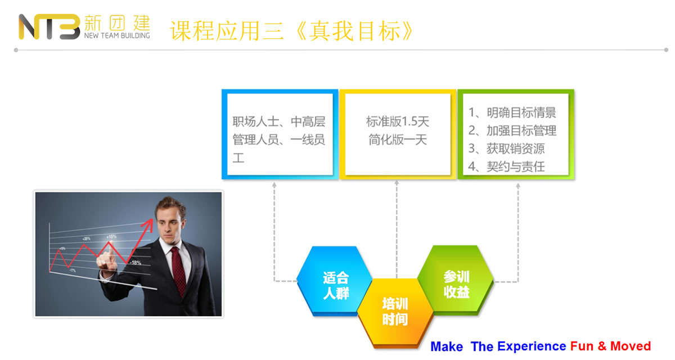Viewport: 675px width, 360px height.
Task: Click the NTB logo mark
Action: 49,27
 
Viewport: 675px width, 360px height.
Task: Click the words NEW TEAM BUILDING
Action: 117,35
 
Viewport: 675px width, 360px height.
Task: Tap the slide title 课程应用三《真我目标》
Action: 292,31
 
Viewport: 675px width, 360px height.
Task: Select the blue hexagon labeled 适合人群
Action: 335,281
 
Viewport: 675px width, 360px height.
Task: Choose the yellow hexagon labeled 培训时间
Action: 395,313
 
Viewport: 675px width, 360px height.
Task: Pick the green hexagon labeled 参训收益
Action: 456,280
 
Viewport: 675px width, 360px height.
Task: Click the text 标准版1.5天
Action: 398,121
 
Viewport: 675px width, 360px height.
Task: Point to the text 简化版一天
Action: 398,140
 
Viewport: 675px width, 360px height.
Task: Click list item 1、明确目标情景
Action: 512,112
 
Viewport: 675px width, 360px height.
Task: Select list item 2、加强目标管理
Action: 512,130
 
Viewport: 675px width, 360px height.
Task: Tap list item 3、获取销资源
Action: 507,148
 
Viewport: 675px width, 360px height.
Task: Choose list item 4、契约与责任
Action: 507,166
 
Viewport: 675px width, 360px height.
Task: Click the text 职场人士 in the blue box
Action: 256,121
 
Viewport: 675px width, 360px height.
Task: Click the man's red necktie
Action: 178,270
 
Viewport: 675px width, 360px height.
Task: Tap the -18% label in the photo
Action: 136,263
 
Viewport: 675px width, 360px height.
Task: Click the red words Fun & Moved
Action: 610,346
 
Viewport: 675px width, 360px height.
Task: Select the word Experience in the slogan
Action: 532,346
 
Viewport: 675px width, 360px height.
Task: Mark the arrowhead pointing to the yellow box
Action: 397,183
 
